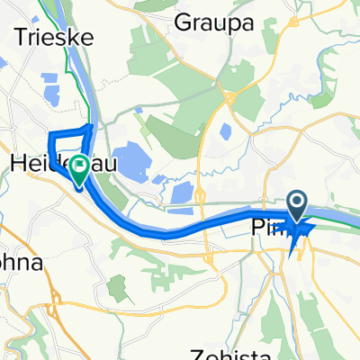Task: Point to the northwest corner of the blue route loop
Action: click(49, 133)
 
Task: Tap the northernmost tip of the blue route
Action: click(90, 125)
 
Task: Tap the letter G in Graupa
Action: click(185, 20)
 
